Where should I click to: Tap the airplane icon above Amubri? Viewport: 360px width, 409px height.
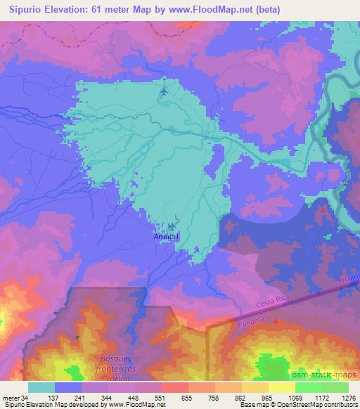click(172, 226)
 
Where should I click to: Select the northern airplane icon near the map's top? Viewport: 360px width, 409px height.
click(164, 91)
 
